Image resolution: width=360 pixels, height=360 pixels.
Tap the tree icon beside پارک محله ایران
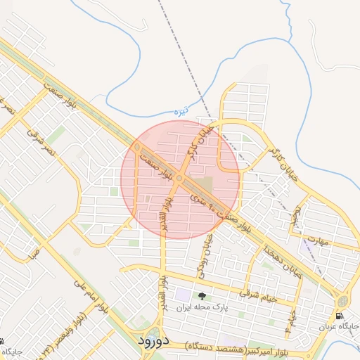click(x=202, y=297)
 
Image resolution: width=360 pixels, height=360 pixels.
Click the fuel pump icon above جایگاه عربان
click(x=340, y=316)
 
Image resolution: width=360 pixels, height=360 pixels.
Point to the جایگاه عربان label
click(x=339, y=327)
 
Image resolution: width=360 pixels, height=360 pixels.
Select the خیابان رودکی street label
click(x=207, y=251)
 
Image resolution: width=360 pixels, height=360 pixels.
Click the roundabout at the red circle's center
click(x=180, y=179)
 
